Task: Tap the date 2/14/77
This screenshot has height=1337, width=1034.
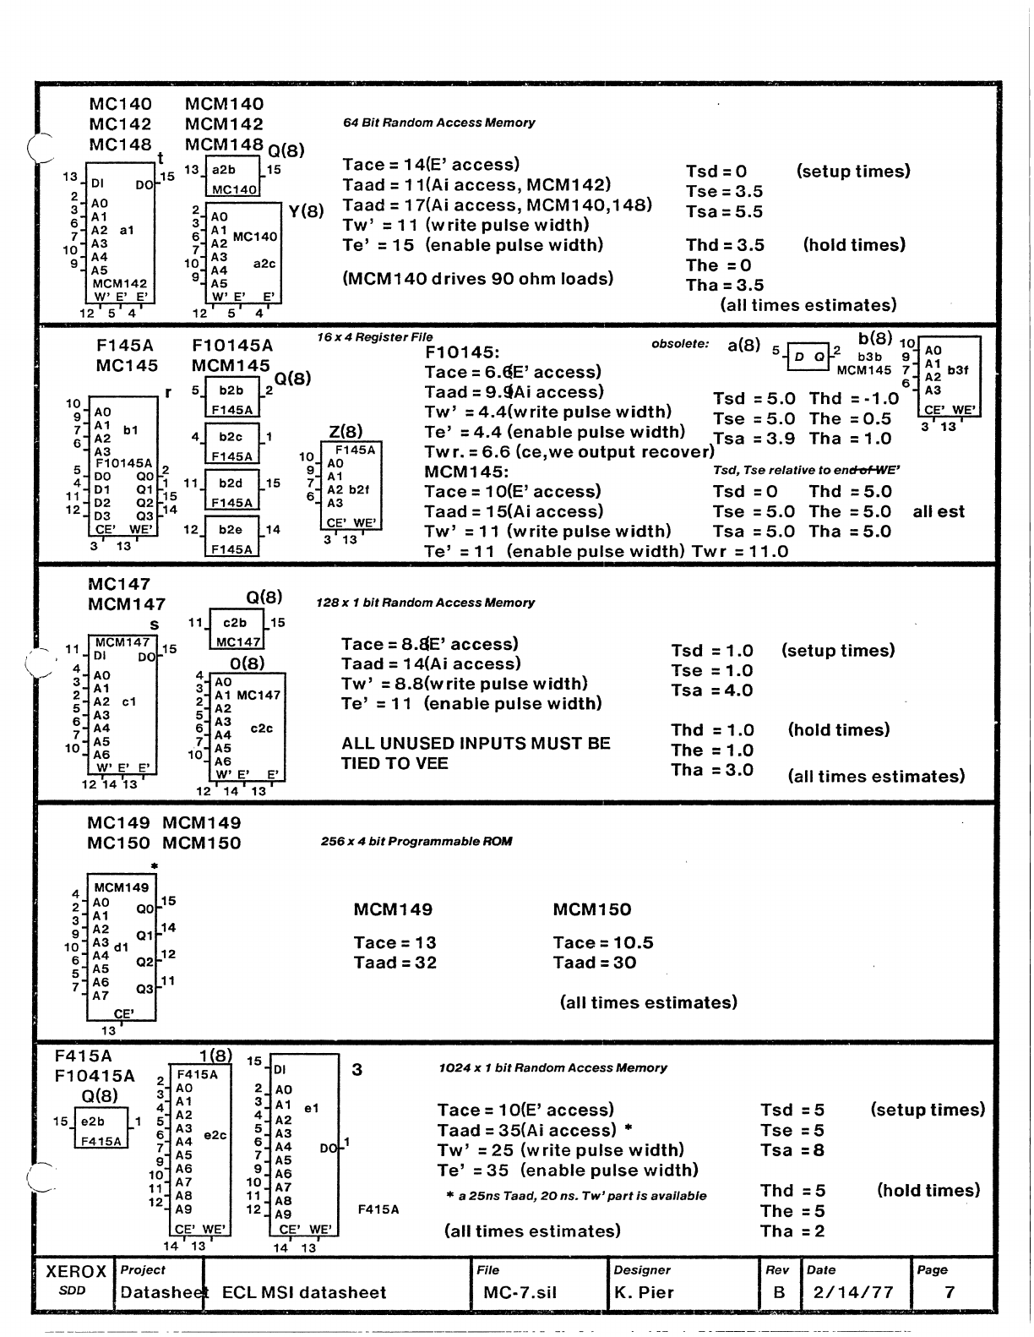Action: coord(852,1292)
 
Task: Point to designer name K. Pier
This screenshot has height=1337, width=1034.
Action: coord(644,1292)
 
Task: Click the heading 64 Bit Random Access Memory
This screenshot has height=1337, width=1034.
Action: coord(438,123)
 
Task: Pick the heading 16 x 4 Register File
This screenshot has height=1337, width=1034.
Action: coord(374,337)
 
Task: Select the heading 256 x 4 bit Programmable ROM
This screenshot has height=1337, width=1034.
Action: coord(416,842)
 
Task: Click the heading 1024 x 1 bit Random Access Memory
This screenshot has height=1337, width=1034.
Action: coord(552,1067)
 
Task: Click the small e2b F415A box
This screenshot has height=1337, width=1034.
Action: coord(101,1131)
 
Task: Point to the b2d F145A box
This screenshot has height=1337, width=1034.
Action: coord(231,491)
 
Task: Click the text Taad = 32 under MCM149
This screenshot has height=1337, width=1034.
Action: coord(395,963)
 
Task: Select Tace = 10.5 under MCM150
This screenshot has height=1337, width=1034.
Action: coord(603,942)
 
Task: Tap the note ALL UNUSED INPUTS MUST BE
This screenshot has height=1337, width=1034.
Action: coord(476,744)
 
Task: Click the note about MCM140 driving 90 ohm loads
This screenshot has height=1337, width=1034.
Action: coord(478,278)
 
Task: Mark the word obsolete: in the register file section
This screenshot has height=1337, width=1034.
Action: coord(680,345)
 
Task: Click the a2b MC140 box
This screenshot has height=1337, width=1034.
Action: coord(234,179)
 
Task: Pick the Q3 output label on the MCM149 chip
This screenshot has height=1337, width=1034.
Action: coord(144,988)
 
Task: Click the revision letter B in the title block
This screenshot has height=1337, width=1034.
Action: coord(779,1292)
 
